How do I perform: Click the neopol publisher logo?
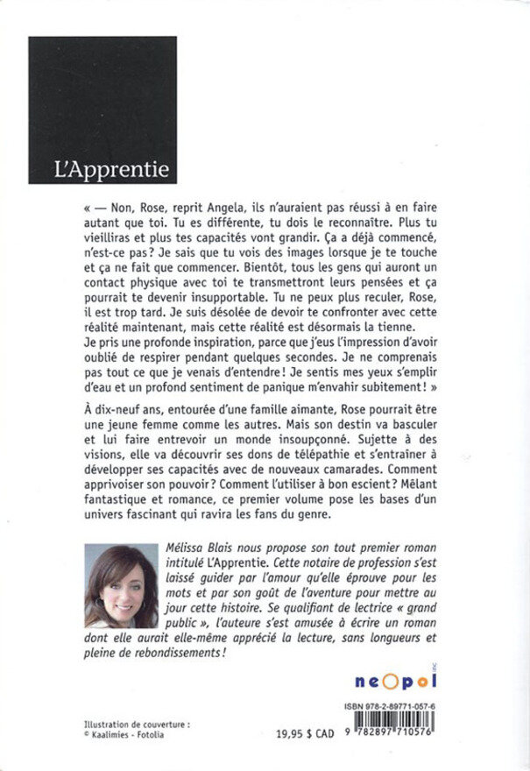pyautogui.click(x=431, y=682)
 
